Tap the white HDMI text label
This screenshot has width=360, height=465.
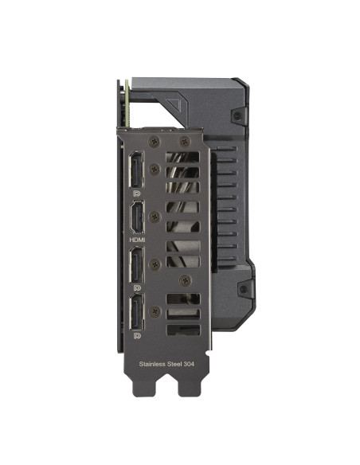pyautogui.click(x=135, y=238)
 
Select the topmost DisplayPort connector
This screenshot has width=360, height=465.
pyautogui.click(x=135, y=169)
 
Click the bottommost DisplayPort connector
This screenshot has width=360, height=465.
pyautogui.click(x=135, y=315)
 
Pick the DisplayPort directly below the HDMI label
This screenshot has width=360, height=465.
pyautogui.click(x=135, y=264)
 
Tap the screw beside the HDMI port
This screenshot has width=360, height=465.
pyautogui.click(x=154, y=216)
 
